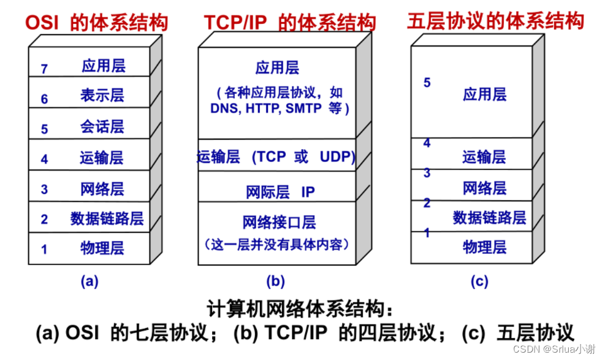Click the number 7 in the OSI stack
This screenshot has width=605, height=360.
[x=44, y=69]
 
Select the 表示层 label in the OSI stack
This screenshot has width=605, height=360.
[x=102, y=95]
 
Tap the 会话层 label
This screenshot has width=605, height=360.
[x=102, y=126]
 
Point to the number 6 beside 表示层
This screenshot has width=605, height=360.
[x=44, y=99]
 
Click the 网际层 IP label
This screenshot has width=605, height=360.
[x=281, y=192]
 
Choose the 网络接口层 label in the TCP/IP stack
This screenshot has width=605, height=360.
[x=280, y=222]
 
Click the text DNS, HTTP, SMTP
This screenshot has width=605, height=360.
[x=266, y=108]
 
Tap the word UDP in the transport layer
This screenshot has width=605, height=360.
[x=337, y=156]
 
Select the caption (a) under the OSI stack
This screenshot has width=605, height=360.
[x=89, y=281]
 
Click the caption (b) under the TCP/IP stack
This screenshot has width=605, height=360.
[x=275, y=281]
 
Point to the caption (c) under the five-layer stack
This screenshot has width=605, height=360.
[x=479, y=281]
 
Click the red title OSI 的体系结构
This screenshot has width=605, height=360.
[x=96, y=23]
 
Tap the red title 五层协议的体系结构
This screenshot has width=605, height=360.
[x=495, y=21]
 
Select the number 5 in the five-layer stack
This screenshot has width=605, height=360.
[x=427, y=83]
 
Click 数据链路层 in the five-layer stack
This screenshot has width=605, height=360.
[x=489, y=218]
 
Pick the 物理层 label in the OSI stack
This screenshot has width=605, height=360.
[x=102, y=248]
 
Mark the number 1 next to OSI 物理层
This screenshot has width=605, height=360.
[x=44, y=250]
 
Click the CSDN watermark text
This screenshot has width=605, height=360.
[x=554, y=349]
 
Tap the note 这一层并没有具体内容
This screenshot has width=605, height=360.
[x=277, y=245]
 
